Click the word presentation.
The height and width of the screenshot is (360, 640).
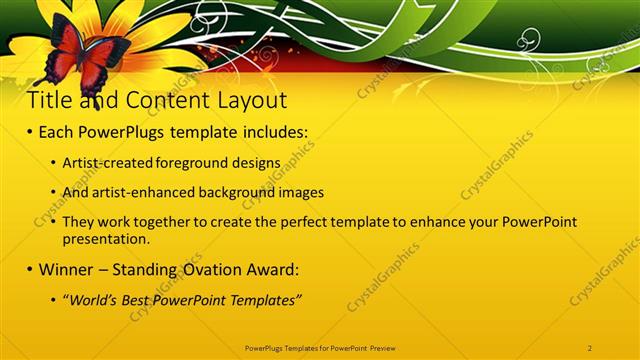point(105,240)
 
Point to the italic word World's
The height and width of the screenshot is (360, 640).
point(93,300)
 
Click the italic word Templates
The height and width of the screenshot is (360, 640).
point(268,300)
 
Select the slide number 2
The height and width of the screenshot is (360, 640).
point(590,346)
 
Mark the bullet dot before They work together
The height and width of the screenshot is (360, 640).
point(52,223)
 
